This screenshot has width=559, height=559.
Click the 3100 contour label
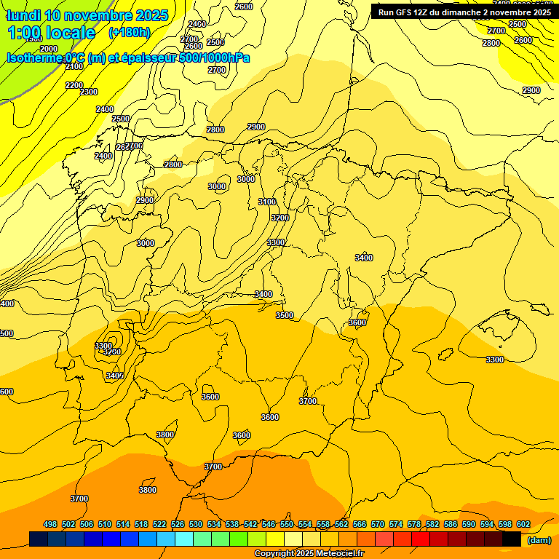pos(267,202)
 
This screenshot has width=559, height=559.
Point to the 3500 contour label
pos(285,315)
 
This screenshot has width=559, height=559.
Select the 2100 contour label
pos(74,66)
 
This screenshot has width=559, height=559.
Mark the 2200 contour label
pos(74,85)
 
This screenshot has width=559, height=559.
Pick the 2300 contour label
pos(89,92)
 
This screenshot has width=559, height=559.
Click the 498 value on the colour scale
pos(50,524)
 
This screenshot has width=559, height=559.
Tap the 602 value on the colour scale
pos(523,524)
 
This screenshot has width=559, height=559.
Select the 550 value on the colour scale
pos(287,524)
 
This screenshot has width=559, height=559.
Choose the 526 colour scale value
pos(178,524)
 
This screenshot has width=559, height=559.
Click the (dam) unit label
pos(539,540)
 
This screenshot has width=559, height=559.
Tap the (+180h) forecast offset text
pos(130,32)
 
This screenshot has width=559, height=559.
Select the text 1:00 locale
pos(52,33)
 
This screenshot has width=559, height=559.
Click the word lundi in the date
pos(23,15)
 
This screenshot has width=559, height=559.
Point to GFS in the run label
pos(405,12)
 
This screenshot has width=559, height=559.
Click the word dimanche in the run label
pos(459,12)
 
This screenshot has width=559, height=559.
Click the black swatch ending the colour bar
pos(512,539)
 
